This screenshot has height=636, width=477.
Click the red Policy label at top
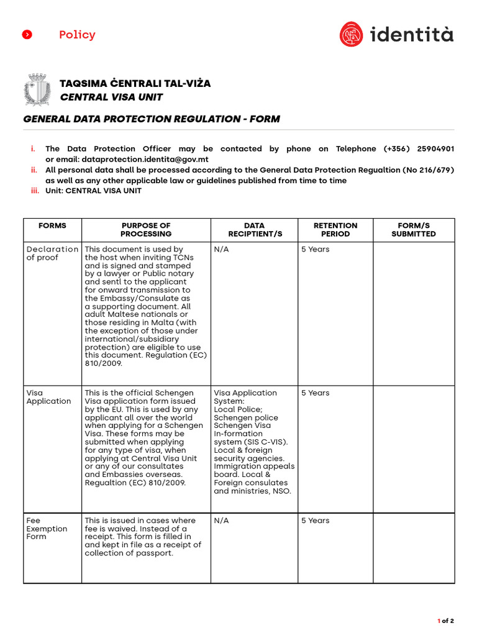point(77,35)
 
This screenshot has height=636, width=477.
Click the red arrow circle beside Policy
point(27,35)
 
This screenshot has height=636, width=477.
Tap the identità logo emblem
point(352,34)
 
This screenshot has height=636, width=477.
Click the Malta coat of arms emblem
point(37,89)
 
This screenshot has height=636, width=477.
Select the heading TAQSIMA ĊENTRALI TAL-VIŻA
point(135,83)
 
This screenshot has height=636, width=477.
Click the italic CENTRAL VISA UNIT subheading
point(111,97)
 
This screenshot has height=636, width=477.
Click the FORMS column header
point(52,225)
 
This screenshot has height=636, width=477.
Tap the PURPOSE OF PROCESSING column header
point(146,230)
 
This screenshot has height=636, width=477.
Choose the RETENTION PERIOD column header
point(335,230)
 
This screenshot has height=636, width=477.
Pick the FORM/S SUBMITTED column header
point(414,230)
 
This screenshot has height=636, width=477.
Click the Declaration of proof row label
point(52,253)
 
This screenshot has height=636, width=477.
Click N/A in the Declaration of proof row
point(220,250)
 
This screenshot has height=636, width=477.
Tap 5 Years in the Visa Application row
point(316,393)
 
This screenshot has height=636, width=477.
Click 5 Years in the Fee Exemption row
point(316,520)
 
